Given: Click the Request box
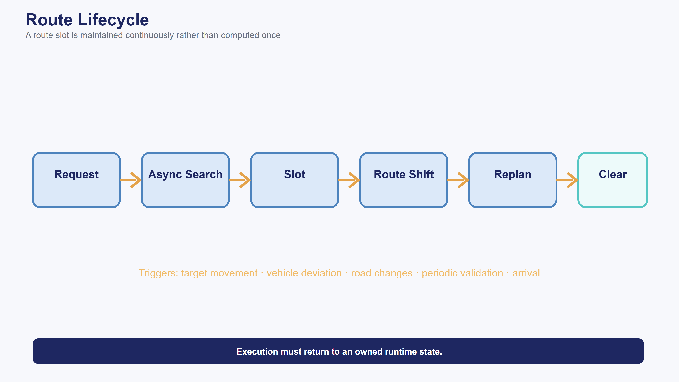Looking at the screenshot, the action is (76, 180).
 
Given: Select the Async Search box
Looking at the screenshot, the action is (185, 180).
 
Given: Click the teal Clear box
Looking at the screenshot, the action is (613, 180).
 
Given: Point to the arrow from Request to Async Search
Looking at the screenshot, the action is (131, 180).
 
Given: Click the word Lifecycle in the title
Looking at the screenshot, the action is (113, 20).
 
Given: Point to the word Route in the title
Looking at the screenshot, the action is (49, 20).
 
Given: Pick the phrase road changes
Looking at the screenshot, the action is (382, 273).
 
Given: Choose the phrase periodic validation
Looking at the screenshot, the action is (462, 273).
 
